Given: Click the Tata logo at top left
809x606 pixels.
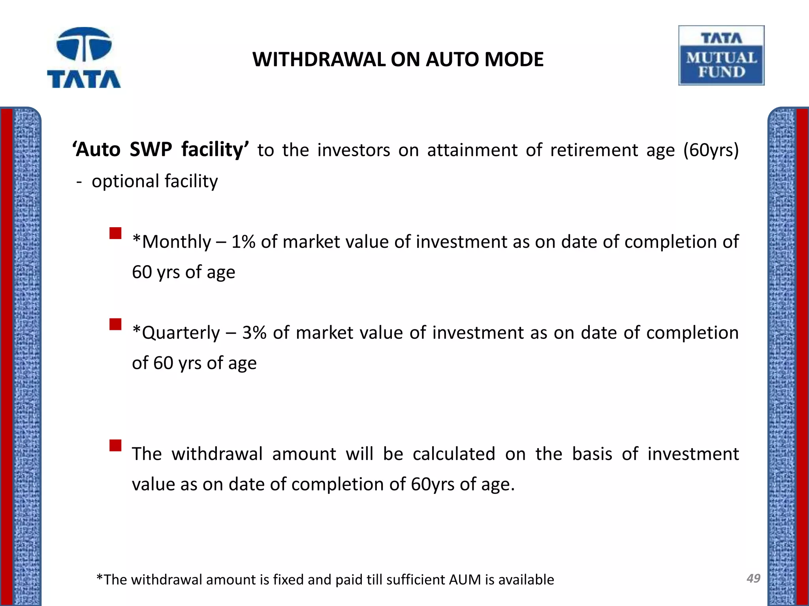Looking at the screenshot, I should coord(84,58).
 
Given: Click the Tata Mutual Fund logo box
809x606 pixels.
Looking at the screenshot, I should coord(721,56).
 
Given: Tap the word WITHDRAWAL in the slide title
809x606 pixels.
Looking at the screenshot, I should coord(319,60).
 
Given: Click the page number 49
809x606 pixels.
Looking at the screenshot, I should coord(753,578).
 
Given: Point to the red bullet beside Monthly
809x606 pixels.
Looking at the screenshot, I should coord(116,233).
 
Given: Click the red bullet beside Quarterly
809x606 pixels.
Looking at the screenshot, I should coord(116,324).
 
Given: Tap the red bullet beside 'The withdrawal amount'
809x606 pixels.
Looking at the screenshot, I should coord(116,445).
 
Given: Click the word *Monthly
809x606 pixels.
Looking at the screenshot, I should coord(172,242).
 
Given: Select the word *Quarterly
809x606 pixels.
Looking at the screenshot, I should coord(176,333).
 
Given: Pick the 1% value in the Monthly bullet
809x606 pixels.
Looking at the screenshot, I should coord(243,242).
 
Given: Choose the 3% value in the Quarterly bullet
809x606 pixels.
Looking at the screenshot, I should coord(254,333).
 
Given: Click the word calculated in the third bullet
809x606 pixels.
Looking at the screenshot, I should coord(454,454).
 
